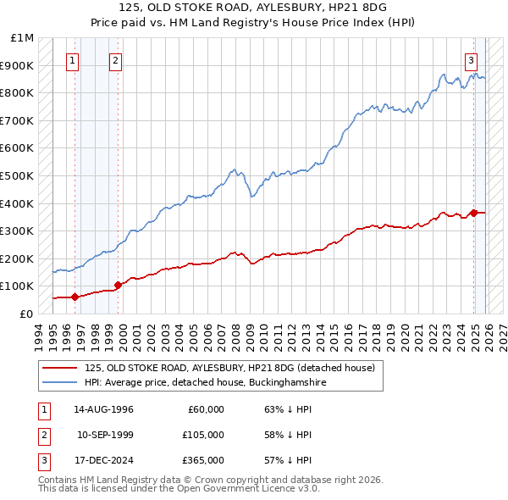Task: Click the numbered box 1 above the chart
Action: point(73,59)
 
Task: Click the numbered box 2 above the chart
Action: point(115,59)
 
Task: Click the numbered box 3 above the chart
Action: point(471,59)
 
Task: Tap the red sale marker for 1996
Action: point(75,297)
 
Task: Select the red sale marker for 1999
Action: point(118,285)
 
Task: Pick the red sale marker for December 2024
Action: point(474,213)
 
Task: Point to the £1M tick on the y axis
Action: point(23,38)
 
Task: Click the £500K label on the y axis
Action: point(18,176)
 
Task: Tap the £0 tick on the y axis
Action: point(25,314)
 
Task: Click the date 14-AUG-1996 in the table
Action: point(104,408)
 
